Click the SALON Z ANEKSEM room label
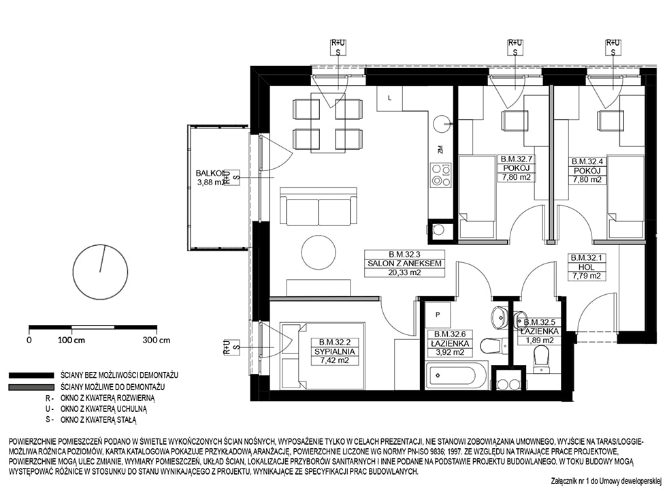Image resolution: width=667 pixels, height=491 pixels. (404, 264)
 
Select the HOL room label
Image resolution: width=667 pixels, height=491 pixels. (586, 267)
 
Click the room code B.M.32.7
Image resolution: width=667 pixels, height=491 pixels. (517, 159)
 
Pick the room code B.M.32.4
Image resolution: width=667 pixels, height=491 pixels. (587, 161)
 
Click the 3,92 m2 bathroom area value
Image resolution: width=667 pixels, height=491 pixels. (450, 352)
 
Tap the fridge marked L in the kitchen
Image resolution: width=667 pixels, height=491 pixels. (389, 98)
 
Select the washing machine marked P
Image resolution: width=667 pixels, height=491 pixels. (438, 315)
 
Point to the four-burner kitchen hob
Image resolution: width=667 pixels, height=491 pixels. (441, 175)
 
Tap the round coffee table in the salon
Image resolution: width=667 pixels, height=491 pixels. (319, 252)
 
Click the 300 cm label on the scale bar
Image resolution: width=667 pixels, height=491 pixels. (157, 340)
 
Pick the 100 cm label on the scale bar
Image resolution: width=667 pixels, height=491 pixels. (71, 340)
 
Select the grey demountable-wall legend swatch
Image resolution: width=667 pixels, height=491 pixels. (31, 387)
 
